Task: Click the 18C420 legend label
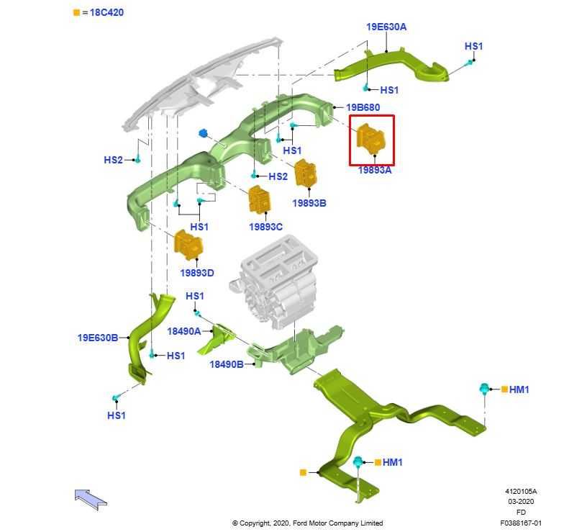106,12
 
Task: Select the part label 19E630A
386,27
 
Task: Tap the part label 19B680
363,107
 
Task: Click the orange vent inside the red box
370,139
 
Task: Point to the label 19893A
375,170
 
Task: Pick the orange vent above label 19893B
306,173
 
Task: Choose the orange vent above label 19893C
259,199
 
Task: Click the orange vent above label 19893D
188,245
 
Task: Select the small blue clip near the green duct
204,133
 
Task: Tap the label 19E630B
98,338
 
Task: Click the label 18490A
184,331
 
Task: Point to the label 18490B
226,364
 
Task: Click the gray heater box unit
274,281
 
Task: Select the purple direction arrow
91,500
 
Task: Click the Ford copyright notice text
307,523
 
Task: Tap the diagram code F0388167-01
521,523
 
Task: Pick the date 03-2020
521,502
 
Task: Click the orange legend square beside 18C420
76,13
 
